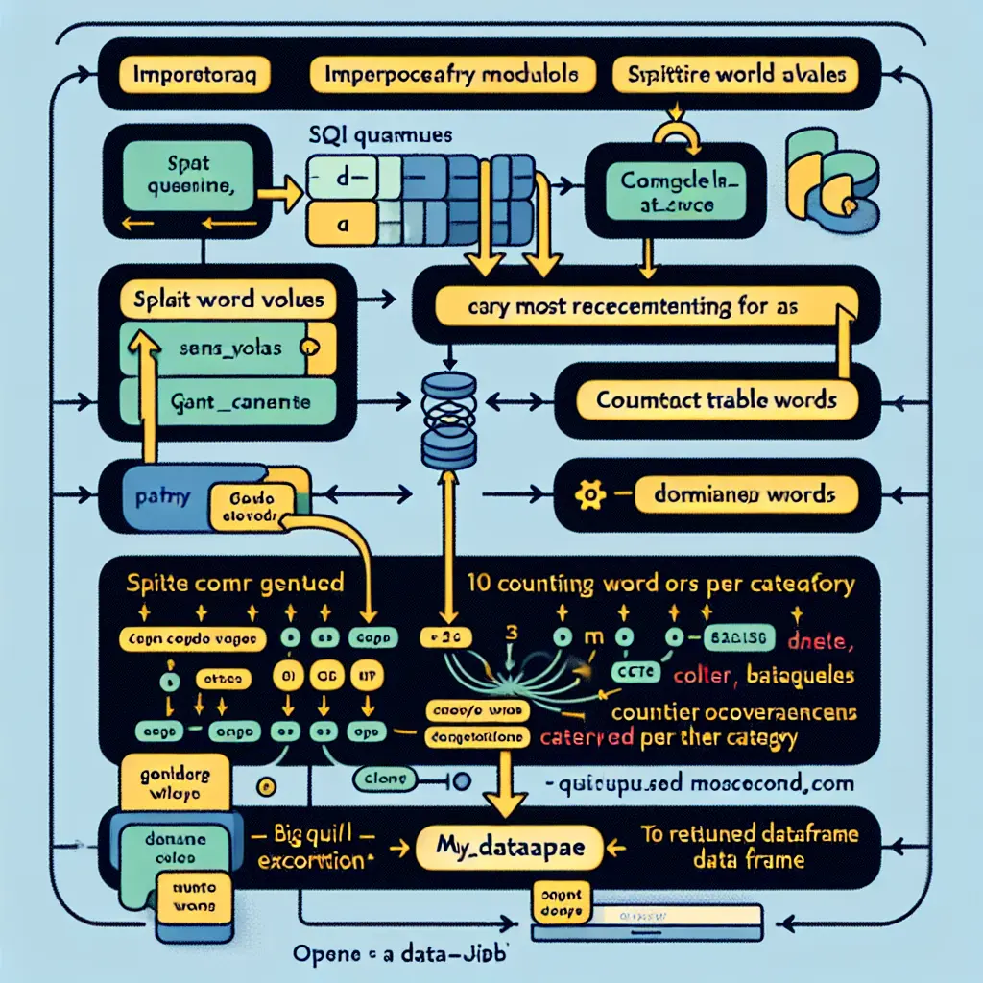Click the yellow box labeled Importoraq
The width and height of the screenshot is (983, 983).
tap(194, 75)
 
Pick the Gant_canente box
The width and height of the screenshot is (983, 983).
tap(227, 403)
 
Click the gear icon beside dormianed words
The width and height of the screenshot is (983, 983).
tap(584, 495)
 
